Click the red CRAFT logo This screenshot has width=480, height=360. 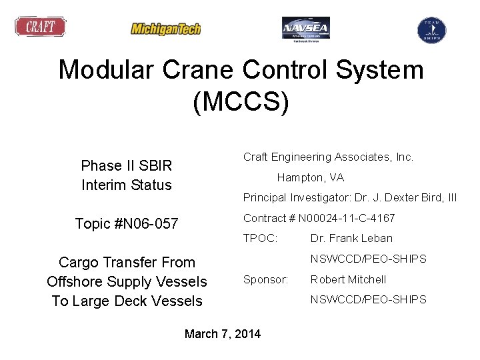coord(41,27)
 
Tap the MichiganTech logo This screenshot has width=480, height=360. coord(165,29)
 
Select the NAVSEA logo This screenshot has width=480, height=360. coord(305,29)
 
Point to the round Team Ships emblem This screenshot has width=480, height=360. coord(431,29)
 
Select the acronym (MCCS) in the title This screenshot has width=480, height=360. coord(241,103)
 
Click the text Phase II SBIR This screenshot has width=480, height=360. coord(126,165)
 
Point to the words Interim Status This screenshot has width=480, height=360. coord(126,185)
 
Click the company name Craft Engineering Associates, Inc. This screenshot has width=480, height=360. coord(328,157)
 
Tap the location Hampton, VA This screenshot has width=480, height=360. coord(310,178)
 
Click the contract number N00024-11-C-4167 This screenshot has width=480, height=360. coord(347,218)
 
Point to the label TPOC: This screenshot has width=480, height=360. coord(260,238)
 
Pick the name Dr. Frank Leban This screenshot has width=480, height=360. coord(351,238)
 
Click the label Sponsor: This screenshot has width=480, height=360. coord(265,279)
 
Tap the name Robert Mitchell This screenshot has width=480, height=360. coord(348,279)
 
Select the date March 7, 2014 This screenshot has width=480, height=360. coord(223,333)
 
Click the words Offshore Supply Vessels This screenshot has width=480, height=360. coord(127,282)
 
